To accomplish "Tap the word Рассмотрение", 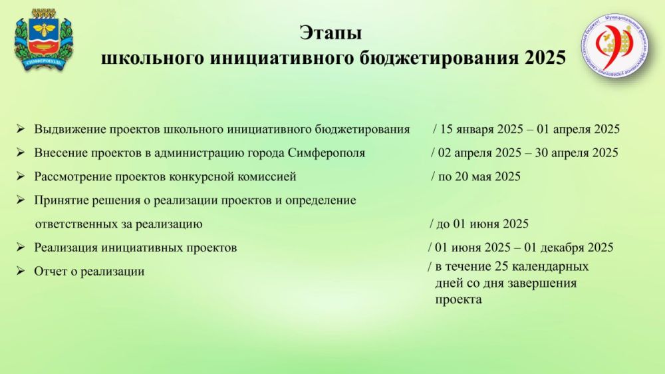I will [x=75, y=176].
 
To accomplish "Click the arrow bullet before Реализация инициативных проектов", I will [x=21, y=247].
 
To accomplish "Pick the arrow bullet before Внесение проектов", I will [x=21, y=152].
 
